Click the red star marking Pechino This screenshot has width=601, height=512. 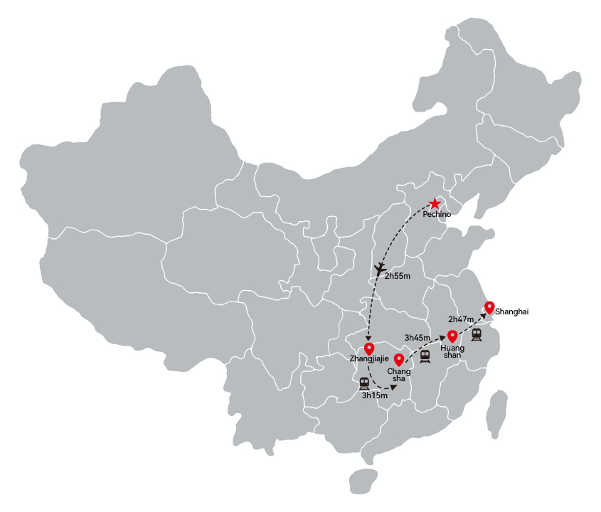tap(435, 203)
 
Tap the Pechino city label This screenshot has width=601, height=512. tap(437, 214)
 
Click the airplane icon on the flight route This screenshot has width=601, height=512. tap(380, 269)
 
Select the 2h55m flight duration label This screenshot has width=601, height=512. tap(398, 276)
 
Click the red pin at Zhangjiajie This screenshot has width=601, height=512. tap(369, 349)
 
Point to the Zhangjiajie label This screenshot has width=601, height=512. tap(369, 359)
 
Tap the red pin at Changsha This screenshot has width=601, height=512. tap(399, 361)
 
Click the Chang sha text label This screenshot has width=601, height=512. tap(398, 375)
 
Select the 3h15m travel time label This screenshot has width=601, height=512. tap(375, 395)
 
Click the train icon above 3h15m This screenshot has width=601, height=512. tap(364, 383)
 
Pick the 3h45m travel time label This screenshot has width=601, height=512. tap(417, 338)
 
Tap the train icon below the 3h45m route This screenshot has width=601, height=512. tap(425, 356)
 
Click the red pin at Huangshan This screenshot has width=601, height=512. tap(452, 336)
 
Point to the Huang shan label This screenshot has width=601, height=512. tap(452, 351)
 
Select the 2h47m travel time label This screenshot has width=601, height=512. tap(461, 319)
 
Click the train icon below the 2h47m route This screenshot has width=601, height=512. tap(477, 334)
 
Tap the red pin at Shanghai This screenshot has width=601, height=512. tap(489, 308)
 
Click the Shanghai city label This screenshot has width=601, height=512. tap(511, 311)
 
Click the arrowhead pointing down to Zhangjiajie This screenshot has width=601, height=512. tap(368, 338)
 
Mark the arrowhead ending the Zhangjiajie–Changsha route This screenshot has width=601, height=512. tap(393, 387)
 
